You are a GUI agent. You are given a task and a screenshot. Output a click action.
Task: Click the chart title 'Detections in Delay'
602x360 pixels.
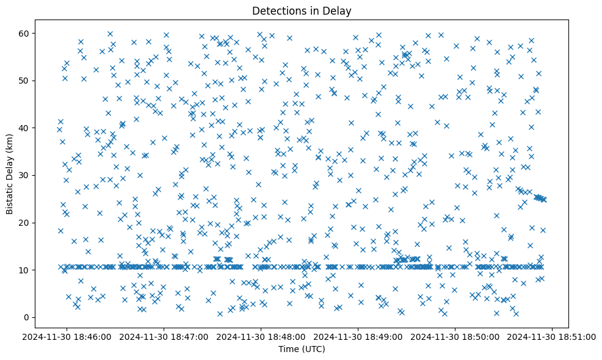pos(302,10)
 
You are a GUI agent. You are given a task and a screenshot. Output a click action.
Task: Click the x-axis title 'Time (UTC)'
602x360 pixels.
pos(302,349)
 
